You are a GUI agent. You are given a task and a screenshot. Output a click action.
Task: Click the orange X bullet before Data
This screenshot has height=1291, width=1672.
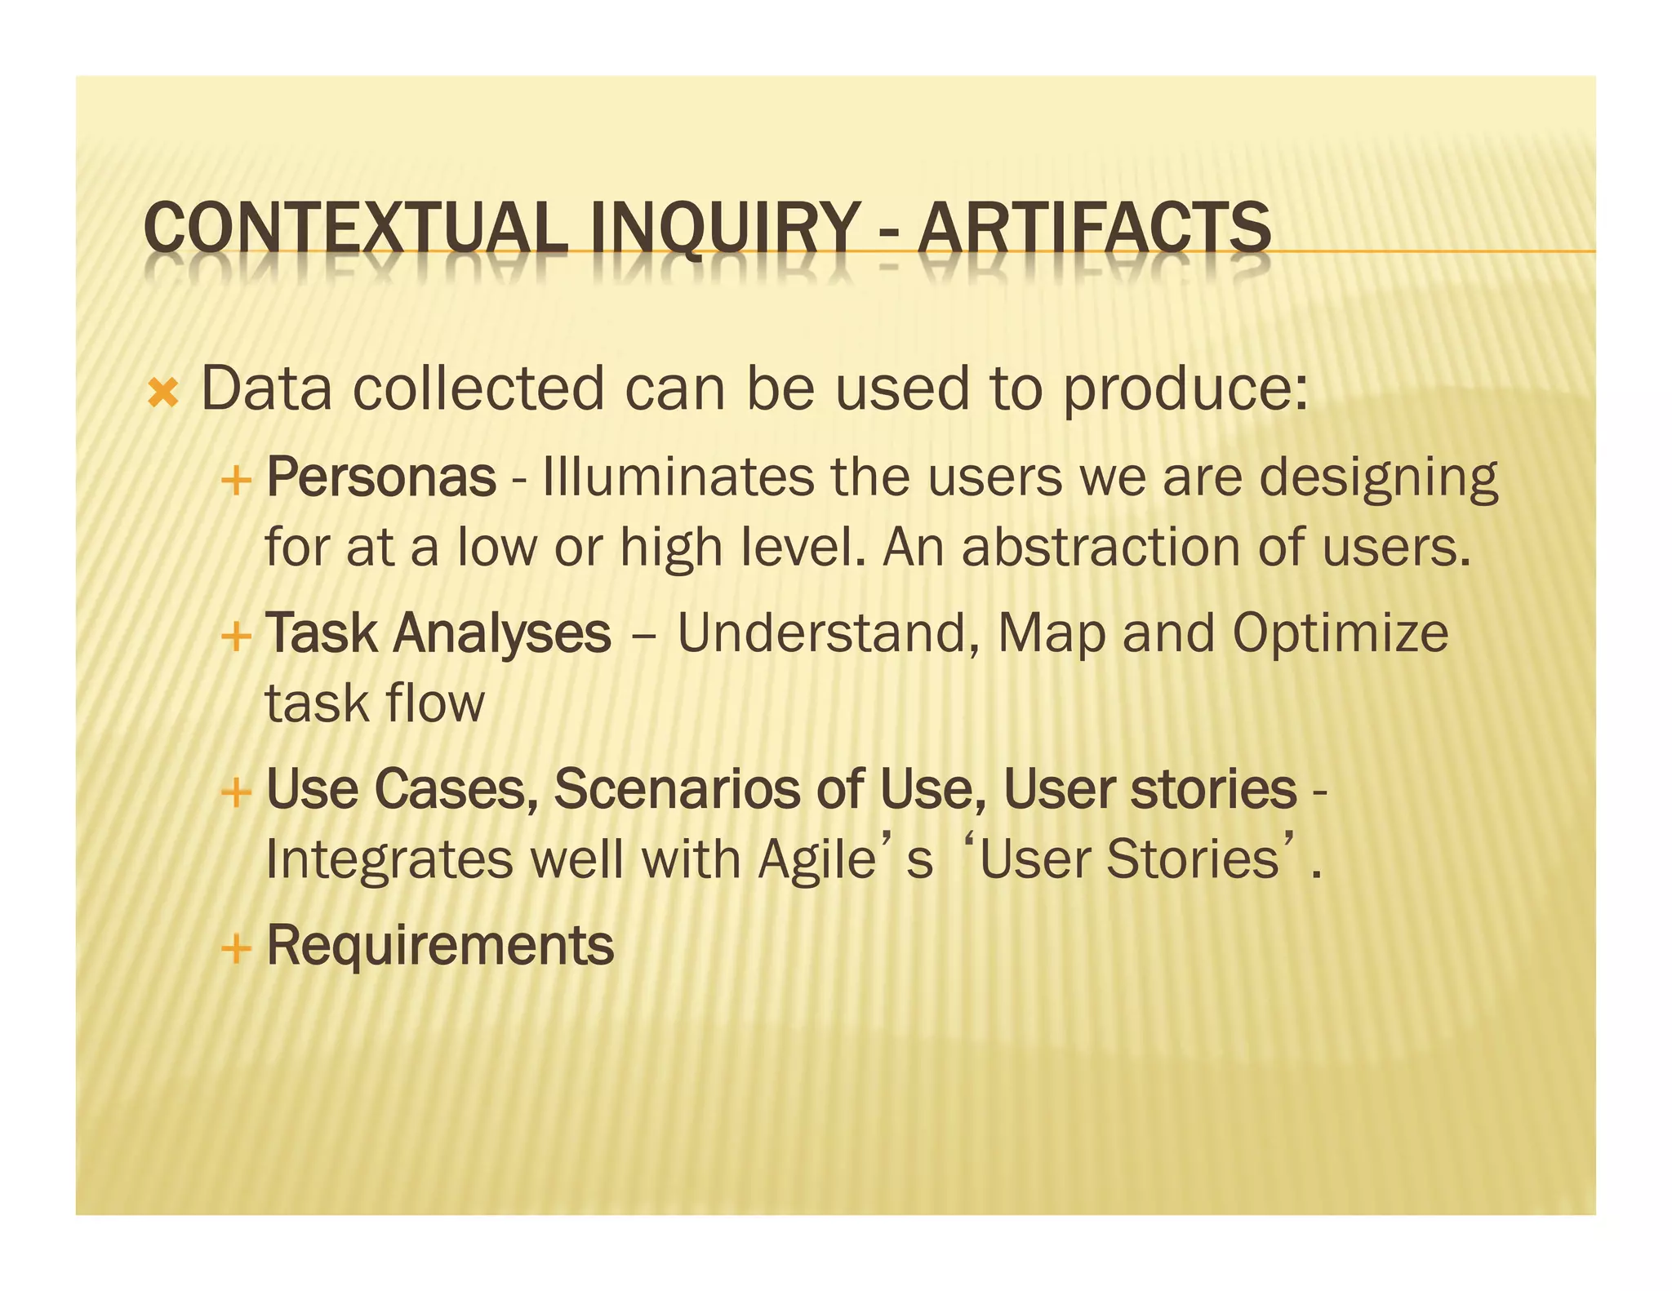[x=163, y=393]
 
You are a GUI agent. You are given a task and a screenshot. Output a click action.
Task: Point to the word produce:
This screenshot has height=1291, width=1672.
[x=1185, y=390]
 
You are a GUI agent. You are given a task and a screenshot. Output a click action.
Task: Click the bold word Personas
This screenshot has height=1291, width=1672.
[x=381, y=477]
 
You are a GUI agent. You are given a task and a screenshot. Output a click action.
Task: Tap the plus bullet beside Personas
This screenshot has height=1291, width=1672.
[x=235, y=480]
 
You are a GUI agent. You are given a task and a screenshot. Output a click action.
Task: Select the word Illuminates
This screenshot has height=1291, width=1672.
[x=678, y=477]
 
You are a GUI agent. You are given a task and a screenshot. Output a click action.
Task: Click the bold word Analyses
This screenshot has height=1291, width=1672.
[x=501, y=633]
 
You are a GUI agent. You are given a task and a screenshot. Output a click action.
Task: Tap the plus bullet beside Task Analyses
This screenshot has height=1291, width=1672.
[x=235, y=636]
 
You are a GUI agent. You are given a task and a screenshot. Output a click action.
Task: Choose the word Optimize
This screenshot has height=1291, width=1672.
[x=1340, y=633]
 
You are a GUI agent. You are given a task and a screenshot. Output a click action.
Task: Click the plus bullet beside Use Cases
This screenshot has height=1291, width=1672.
[x=235, y=792]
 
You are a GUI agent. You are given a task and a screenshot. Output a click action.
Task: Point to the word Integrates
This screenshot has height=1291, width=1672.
[x=389, y=860]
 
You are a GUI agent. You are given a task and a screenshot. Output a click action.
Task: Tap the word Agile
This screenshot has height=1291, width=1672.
[x=816, y=860]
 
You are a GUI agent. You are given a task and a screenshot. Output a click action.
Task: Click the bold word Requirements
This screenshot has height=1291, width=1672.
[x=440, y=945]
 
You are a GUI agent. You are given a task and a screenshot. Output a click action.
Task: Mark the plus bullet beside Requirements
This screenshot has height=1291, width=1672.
[x=235, y=948]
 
